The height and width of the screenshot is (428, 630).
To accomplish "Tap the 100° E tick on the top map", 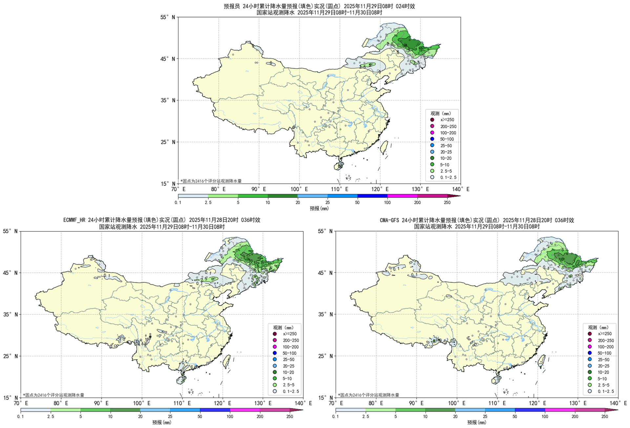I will point(299,189).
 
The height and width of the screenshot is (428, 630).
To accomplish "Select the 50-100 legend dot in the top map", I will point(432,139).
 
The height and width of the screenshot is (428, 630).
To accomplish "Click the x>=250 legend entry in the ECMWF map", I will point(289,334).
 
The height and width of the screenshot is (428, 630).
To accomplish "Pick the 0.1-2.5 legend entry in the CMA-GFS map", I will point(605,391).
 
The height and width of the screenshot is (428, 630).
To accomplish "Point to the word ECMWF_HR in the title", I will point(74,220).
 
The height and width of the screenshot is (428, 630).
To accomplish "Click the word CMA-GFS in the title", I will point(389,220).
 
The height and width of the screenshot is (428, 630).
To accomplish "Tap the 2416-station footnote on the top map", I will point(211,181).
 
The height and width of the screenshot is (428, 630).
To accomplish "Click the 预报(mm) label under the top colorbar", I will point(319,208).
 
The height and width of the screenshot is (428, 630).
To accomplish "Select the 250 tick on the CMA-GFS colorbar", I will point(604,417).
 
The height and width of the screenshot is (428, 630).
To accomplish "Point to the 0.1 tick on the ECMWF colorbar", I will point(20,417).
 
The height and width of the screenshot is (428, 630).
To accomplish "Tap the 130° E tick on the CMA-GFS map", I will point(577,403).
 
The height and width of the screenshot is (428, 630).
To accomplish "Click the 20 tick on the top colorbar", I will point(298,203).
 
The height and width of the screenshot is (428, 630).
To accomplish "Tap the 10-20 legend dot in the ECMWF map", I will point(275,372).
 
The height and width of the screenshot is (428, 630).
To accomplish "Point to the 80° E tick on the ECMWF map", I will point(61,403).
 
